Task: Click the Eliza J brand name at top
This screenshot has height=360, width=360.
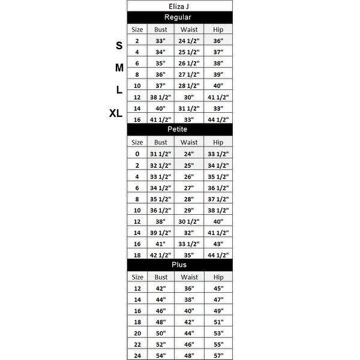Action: click(x=179, y=6)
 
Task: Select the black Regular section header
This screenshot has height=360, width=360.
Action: click(x=179, y=17)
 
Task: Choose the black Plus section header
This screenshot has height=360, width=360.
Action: click(x=179, y=264)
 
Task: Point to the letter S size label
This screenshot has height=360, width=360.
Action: click(x=119, y=46)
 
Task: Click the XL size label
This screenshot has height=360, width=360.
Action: click(x=116, y=113)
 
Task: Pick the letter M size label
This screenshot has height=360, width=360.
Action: click(x=119, y=68)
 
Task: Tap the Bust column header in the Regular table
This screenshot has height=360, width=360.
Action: click(x=161, y=29)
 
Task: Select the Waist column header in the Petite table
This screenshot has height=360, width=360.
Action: click(x=189, y=142)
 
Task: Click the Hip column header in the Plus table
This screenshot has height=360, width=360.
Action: click(x=217, y=277)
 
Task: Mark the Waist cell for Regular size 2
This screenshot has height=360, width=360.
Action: click(x=189, y=41)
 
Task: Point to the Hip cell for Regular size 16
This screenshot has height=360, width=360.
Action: click(x=217, y=120)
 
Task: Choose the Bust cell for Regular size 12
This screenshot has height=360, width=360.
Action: click(x=161, y=97)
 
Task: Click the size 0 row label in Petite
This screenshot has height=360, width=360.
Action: click(x=137, y=154)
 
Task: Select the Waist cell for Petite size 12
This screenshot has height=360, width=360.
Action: click(x=189, y=221)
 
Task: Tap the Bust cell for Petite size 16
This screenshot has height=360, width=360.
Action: click(x=161, y=244)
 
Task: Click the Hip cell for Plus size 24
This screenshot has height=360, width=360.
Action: click(x=217, y=356)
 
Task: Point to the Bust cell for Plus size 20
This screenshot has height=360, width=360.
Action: click(x=161, y=333)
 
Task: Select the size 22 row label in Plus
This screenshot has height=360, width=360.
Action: click(x=137, y=344)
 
